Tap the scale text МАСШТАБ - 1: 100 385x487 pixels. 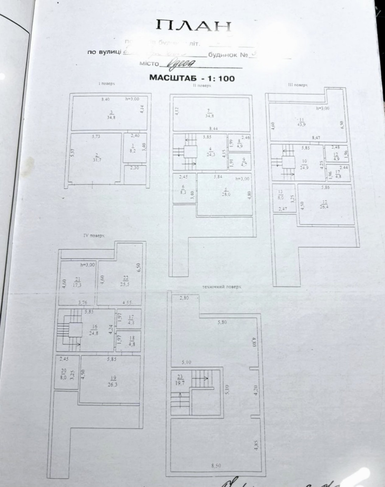[192, 78]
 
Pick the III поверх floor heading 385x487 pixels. [298, 84]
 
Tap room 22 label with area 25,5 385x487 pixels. [115, 280]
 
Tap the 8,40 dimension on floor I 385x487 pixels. [105, 99]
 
